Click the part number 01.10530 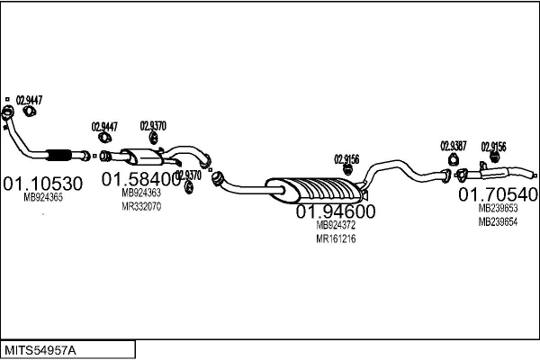pos(43,184)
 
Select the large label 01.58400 pos(141,179)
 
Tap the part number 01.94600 pos(336,211)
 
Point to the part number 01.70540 pos(498,194)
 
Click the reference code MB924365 pos(43,197)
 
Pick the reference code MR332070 pos(141,206)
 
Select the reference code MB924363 pos(141,193)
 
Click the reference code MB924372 pos(336,225)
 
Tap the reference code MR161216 pos(336,238)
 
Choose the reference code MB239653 pos(498,209)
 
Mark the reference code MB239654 pos(498,222)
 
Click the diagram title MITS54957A pos(40,351)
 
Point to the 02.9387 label pos(454,146)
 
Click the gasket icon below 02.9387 pos(454,160)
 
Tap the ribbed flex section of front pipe pos(58,156)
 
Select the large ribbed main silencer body pos(314,190)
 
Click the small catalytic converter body pos(142,157)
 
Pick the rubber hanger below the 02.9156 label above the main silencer pos(347,170)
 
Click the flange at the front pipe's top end pos(7,112)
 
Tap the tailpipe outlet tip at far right pos(535,175)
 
